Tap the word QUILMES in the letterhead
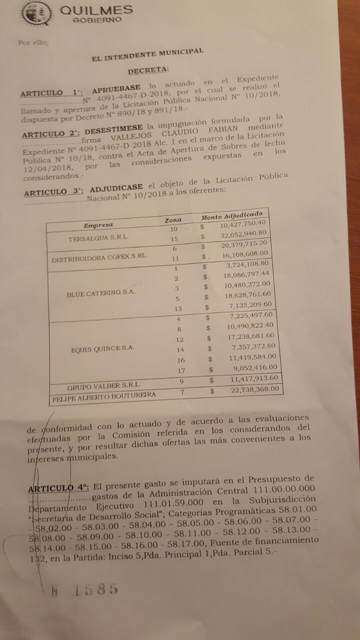point(96,10)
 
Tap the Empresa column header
point(98,225)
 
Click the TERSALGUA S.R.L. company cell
point(98,238)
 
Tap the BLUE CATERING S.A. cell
point(101,293)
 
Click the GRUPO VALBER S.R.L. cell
point(104,385)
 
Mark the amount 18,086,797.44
point(247,274)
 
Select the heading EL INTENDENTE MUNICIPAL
point(147,55)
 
